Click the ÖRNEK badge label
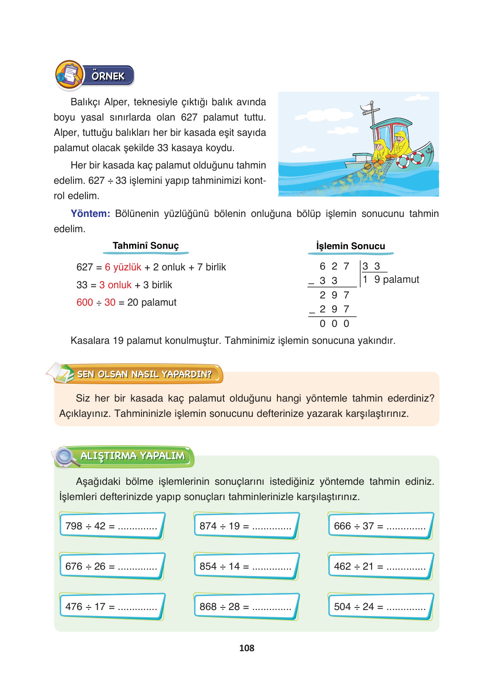[108, 76]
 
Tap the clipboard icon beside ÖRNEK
[69, 75]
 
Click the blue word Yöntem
[90, 214]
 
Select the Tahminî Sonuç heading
[145, 246]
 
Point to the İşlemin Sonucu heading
[350, 246]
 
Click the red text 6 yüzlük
[123, 267]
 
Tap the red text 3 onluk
[115, 285]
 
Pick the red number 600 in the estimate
[85, 302]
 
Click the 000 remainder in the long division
[334, 324]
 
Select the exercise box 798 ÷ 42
[111, 526]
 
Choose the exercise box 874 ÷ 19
[246, 526]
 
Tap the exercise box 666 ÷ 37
[380, 526]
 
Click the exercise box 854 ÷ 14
[246, 566]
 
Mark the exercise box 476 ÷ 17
[111, 607]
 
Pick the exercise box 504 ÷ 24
[380, 607]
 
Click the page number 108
[246, 648]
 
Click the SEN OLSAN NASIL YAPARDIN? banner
[144, 374]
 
